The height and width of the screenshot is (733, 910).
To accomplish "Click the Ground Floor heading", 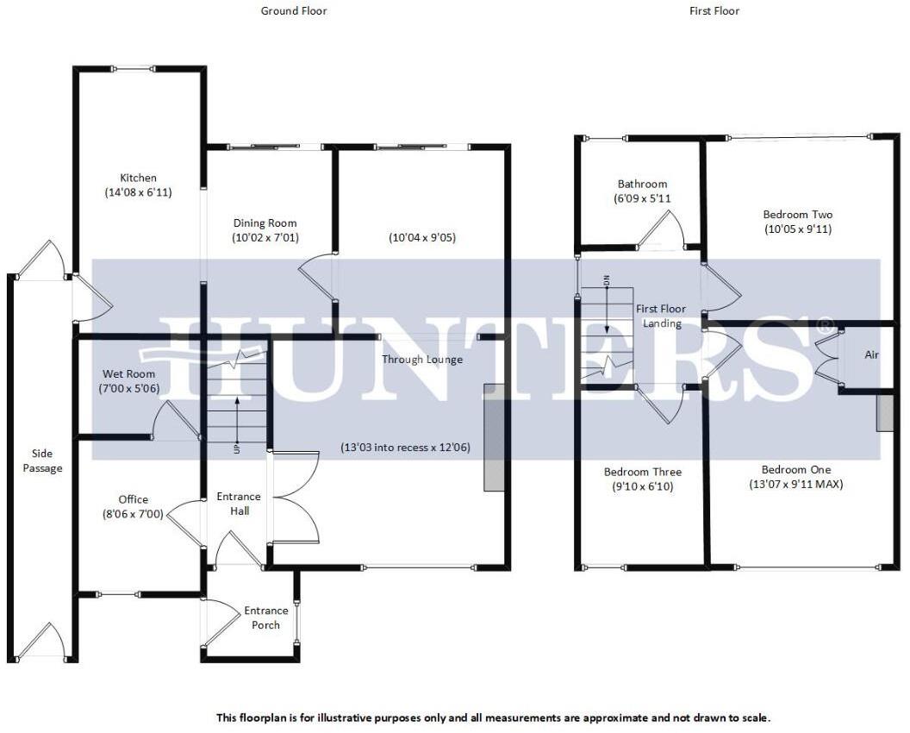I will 294,11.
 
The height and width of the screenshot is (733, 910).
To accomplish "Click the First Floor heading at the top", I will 714,11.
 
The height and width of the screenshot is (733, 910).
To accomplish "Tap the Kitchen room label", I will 138,179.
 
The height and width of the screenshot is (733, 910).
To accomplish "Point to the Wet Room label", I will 129,374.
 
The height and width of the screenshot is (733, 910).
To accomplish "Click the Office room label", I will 133,499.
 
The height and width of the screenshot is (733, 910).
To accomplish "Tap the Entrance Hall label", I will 239,504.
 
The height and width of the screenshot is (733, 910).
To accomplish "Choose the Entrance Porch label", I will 266,617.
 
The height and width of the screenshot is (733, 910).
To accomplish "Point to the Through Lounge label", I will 422,360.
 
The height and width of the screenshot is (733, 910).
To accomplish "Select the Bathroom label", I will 642,184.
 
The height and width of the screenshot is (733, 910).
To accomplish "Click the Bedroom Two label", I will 798,215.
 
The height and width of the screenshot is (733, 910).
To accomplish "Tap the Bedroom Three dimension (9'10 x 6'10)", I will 642,486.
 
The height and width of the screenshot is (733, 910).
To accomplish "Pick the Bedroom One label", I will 796,470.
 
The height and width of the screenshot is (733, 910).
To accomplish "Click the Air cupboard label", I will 872,355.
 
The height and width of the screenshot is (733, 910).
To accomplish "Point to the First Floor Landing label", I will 661,316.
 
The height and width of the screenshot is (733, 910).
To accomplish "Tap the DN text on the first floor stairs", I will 607,280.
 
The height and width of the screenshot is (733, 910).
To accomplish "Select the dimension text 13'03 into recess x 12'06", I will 405,448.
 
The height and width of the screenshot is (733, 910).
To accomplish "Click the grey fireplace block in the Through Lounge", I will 494,437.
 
